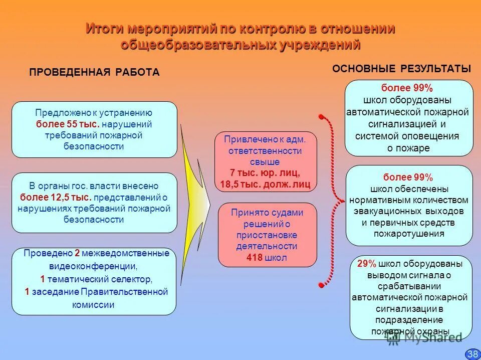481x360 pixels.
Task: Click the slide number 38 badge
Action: pyautogui.click(x=472, y=354)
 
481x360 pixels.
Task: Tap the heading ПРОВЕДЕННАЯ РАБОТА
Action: pyautogui.click(x=94, y=73)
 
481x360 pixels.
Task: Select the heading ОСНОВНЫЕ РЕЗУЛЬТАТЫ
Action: pyautogui.click(x=401, y=69)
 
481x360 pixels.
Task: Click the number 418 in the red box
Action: pyautogui.click(x=256, y=258)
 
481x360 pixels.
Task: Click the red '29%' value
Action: pyautogui.click(x=367, y=264)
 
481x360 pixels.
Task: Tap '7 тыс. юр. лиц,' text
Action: pyautogui.click(x=265, y=173)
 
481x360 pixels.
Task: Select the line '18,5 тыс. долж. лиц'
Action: pyautogui.click(x=265, y=185)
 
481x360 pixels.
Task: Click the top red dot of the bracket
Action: pyautogui.click(x=320, y=117)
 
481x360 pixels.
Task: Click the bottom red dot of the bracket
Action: pyautogui.click(x=320, y=285)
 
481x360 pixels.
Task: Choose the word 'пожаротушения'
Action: pyautogui.click(x=409, y=234)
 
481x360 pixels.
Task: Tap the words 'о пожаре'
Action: pyautogui.click(x=408, y=147)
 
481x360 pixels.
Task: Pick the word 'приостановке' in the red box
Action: pyautogui.click(x=267, y=235)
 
